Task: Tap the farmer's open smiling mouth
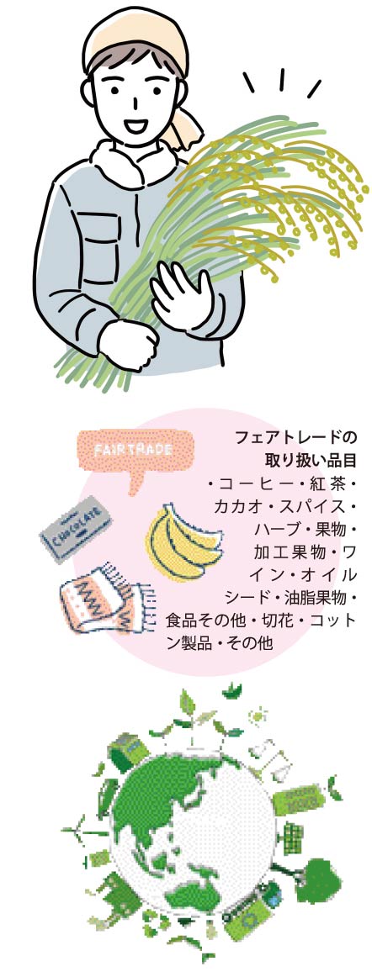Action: [133, 126]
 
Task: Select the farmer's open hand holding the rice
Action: [180, 295]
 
